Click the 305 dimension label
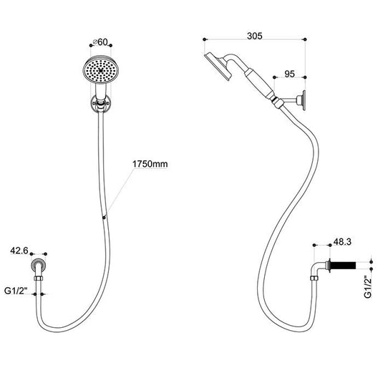[255, 36]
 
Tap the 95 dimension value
[289, 74]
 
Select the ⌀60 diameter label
[100, 42]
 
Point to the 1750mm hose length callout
[150, 164]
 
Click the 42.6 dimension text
[19, 251]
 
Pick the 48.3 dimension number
[342, 242]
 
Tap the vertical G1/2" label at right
[368, 287]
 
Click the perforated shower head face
[101, 71]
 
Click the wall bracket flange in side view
[304, 100]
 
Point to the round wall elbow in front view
[39, 266]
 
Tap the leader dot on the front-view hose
[105, 217]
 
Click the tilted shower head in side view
[218, 66]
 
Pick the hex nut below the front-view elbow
[39, 278]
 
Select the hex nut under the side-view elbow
[314, 278]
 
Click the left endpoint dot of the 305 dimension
[205, 39]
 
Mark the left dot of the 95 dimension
[274, 77]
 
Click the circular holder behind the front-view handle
[101, 103]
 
